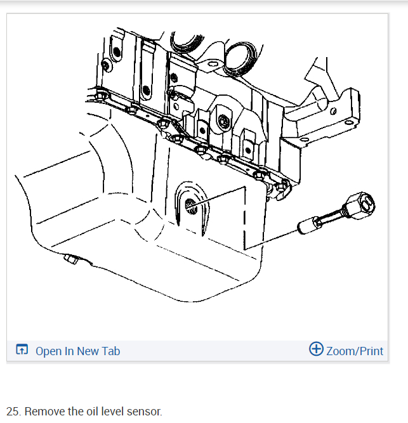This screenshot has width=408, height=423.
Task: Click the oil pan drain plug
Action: click(70, 259)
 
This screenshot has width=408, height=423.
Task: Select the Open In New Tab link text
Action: click(77, 351)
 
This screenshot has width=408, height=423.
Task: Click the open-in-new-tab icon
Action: click(22, 350)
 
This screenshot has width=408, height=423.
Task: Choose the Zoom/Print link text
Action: click(355, 351)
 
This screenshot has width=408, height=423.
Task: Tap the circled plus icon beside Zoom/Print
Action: click(315, 349)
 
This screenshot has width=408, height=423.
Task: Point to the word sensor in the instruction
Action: click(145, 411)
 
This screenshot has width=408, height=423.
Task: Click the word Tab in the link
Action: click(110, 351)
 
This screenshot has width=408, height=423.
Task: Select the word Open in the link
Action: click(48, 351)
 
